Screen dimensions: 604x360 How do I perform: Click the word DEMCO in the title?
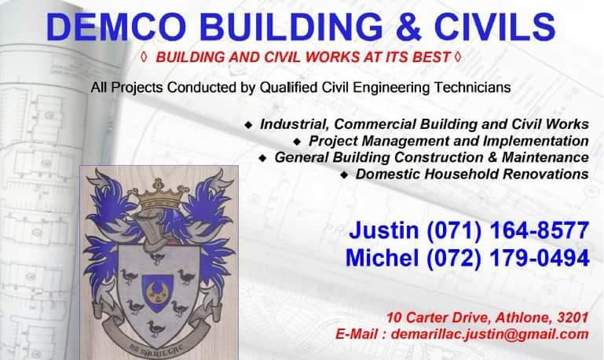point(116,27)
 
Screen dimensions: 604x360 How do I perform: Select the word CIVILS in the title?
point(495,27)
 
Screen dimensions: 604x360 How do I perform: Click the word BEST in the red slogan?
point(431,57)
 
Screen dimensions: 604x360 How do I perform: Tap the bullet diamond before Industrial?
point(249,125)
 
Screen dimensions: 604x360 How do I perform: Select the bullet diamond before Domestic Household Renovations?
point(344,175)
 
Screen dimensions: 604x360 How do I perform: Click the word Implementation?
point(536,141)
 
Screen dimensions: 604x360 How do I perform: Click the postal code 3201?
point(573,318)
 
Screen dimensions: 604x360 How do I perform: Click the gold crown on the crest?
point(159,195)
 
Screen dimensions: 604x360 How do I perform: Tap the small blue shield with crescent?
point(157,292)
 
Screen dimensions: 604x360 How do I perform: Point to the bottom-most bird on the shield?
point(156,329)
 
